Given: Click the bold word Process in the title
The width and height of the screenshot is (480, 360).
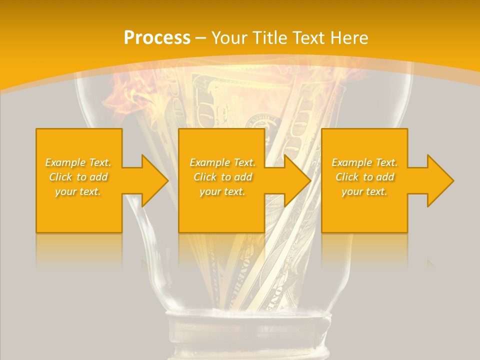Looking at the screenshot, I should (x=157, y=38).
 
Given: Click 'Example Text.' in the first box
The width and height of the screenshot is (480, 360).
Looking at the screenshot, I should (x=78, y=162).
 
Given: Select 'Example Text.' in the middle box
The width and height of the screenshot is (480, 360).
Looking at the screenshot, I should (x=222, y=162).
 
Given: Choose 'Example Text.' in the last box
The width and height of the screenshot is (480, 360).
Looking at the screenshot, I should (x=364, y=162).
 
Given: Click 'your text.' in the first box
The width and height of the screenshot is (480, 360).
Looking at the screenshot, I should (x=78, y=191).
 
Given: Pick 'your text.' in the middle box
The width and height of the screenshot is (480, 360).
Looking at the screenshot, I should (x=222, y=191).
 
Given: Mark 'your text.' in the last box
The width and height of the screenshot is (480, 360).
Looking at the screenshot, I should (x=364, y=191).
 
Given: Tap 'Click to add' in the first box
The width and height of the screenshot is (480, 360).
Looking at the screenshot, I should (x=78, y=177).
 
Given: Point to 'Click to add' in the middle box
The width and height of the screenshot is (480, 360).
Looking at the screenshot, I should (x=222, y=177).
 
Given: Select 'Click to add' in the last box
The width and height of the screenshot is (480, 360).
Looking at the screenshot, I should (x=364, y=177).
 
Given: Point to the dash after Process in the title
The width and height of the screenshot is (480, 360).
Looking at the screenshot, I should (x=201, y=38).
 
